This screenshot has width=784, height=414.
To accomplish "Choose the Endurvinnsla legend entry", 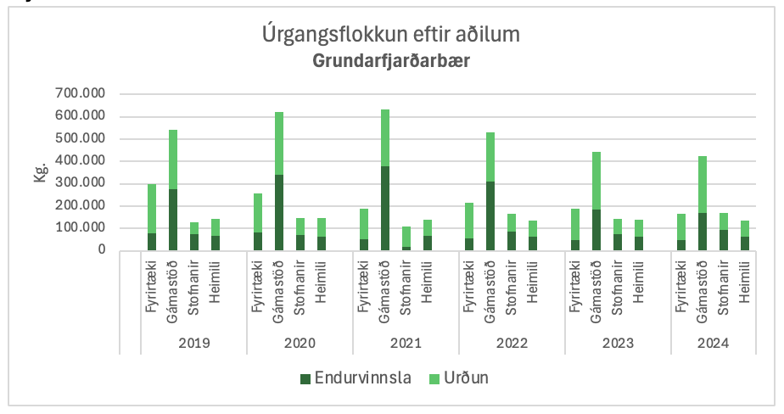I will [355, 378].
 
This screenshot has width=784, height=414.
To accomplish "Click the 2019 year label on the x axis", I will [194, 343].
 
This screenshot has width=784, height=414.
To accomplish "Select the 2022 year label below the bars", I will [512, 343].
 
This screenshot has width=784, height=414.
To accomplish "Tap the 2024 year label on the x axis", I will [724, 343].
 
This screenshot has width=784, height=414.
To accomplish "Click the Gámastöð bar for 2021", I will [385, 180].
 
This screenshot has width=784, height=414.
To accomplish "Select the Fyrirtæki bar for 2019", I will [152, 217].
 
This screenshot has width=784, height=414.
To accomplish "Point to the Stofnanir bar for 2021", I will [406, 238].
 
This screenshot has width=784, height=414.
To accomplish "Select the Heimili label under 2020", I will [322, 283].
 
